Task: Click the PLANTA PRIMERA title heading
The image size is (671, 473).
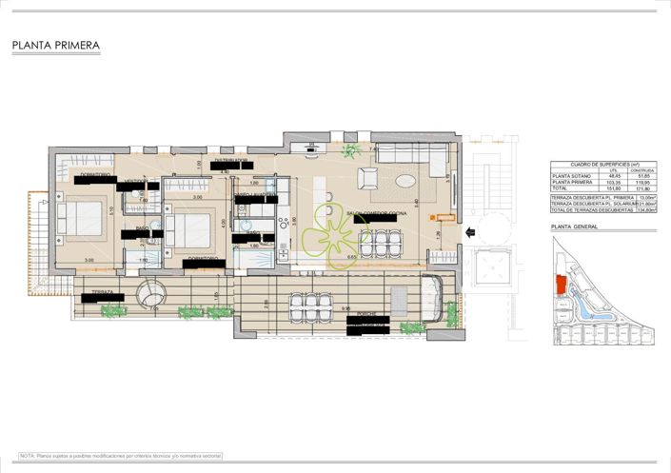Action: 56,45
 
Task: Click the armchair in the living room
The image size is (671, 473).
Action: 367,178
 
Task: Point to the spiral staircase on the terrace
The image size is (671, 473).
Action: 150,290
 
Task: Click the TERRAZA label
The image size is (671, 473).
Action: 103,291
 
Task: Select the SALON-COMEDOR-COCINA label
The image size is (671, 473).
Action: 376,213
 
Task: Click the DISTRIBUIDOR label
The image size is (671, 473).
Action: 231,159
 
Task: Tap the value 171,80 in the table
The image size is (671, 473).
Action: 641,190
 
